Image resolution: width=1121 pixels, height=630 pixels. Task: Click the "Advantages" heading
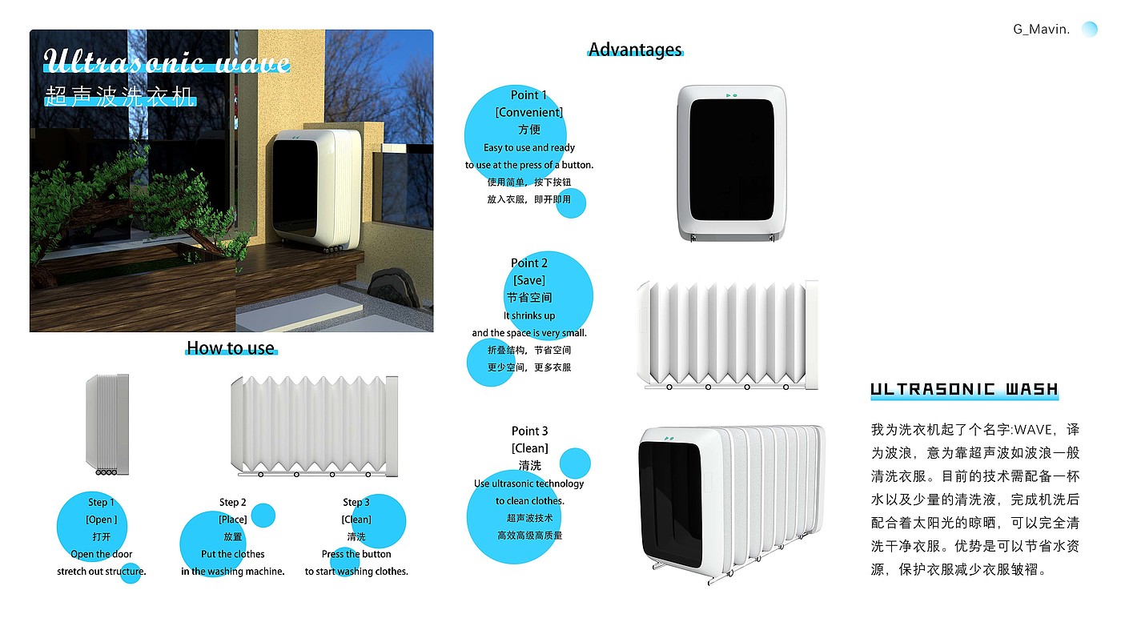tap(635, 50)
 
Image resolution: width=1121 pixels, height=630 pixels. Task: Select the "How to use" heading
tap(231, 348)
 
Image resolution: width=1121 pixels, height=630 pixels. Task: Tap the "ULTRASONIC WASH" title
tap(964, 390)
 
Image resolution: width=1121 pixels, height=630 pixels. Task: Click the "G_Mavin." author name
tap(1041, 30)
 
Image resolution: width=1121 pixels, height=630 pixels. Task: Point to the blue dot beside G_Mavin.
tap(1089, 29)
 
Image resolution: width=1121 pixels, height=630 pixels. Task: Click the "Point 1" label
tap(529, 94)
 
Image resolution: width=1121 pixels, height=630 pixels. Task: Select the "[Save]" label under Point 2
tap(529, 280)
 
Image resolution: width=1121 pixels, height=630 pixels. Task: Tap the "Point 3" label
tap(530, 431)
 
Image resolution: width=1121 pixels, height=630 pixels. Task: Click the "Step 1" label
tap(102, 502)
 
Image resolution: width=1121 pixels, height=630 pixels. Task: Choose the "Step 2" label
tap(233, 502)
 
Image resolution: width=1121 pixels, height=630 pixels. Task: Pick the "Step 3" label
tap(356, 502)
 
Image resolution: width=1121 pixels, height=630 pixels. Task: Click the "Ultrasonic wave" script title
tap(167, 61)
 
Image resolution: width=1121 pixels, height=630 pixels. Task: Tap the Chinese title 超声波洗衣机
tap(120, 98)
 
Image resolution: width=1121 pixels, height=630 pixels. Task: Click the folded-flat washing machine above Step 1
tap(107, 424)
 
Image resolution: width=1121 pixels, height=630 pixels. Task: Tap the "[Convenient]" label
tap(529, 112)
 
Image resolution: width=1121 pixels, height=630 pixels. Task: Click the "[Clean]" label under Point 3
tap(530, 448)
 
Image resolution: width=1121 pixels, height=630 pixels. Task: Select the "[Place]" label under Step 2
tap(233, 520)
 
